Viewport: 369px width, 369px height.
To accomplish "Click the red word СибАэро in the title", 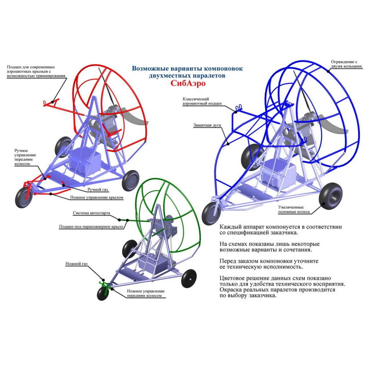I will pyautogui.click(x=187, y=83).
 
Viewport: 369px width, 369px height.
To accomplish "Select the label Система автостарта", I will pyautogui.click(x=92, y=213).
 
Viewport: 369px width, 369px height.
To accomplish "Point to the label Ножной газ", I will pyautogui.click(x=76, y=264).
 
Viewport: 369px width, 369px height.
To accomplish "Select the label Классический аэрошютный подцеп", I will pyautogui.click(x=201, y=101).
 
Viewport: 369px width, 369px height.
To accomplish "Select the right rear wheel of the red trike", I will pyautogui.click(x=130, y=181).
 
